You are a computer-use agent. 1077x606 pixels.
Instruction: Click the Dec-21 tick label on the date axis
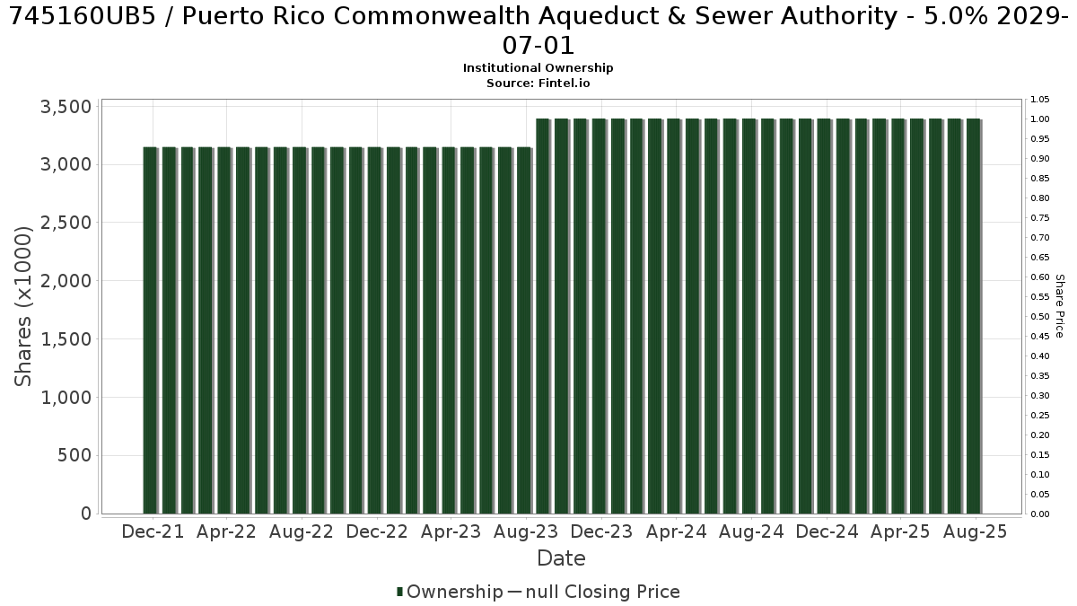[153, 531]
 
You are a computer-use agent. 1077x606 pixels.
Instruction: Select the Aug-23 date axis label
[526, 531]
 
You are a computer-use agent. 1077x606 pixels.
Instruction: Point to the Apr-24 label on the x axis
[677, 531]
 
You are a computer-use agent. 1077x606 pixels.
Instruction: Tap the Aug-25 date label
[975, 531]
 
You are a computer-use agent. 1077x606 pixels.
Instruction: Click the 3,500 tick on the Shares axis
[66, 107]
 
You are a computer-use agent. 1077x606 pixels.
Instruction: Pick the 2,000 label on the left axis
[66, 281]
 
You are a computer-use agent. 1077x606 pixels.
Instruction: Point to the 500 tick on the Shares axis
[74, 455]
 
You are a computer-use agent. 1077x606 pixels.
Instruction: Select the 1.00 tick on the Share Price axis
[1039, 119]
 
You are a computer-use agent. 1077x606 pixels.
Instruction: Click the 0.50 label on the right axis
[1039, 316]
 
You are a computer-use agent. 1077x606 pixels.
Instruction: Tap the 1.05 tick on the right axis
[1039, 100]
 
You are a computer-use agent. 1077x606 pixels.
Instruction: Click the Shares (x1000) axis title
[22, 306]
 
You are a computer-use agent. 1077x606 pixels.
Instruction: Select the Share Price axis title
[1059, 306]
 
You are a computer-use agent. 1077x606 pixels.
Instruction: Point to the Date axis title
[561, 558]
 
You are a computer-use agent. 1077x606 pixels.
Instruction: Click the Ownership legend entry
[450, 592]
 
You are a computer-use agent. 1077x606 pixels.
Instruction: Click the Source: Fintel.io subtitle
[538, 83]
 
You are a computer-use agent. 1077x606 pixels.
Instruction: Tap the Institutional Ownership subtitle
[538, 68]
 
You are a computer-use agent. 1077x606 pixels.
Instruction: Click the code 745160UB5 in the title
[83, 16]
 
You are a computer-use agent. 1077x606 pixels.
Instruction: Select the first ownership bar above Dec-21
[150, 330]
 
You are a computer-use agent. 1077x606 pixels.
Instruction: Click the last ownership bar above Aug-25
[973, 316]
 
